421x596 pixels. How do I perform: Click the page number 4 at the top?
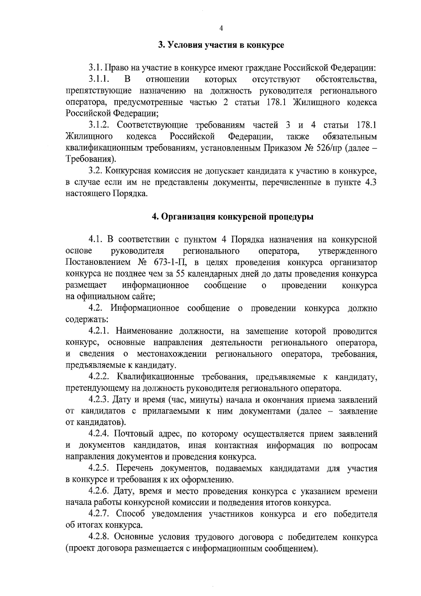coord(221,29)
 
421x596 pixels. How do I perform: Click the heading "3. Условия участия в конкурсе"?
coord(221,45)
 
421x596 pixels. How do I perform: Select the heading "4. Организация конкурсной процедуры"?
coord(232,217)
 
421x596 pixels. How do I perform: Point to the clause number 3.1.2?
coord(100,125)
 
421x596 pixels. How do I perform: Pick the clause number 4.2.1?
coord(100,331)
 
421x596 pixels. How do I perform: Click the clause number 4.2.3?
coord(100,400)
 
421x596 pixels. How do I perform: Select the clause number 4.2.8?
coord(100,537)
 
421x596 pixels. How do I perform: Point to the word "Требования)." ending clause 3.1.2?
coord(91,159)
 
